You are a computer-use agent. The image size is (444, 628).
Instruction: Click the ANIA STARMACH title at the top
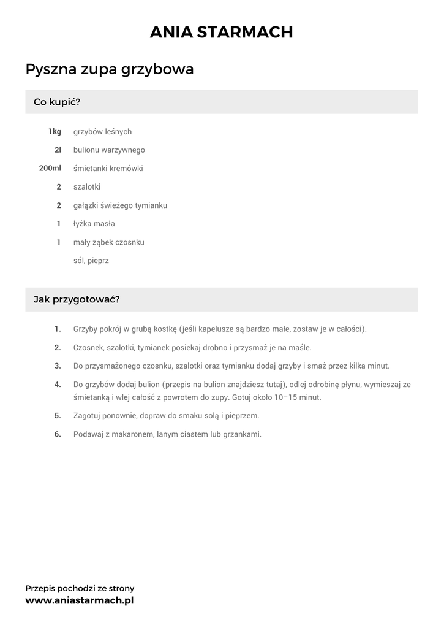222,33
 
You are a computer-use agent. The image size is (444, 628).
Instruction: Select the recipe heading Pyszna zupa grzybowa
110,69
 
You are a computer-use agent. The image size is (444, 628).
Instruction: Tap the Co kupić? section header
57,102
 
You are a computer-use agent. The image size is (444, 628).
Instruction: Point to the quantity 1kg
55,131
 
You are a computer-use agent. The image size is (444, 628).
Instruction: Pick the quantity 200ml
50,168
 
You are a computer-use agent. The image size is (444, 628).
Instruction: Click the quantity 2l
58,150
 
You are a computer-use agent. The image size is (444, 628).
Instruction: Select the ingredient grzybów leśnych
102,131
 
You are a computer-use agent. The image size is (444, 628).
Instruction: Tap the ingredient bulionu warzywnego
109,150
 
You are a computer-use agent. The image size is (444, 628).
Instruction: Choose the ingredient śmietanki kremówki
108,168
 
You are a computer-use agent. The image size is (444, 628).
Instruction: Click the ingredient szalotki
87,186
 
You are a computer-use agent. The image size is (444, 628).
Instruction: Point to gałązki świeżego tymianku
120,205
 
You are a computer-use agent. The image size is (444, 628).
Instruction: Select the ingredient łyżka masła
94,224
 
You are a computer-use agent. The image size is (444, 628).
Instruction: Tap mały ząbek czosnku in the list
108,242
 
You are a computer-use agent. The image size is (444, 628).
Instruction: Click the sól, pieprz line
91,261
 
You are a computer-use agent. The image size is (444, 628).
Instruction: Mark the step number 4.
58,385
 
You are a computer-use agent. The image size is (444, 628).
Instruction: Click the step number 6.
58,434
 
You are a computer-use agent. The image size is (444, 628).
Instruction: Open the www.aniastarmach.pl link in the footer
79,600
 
